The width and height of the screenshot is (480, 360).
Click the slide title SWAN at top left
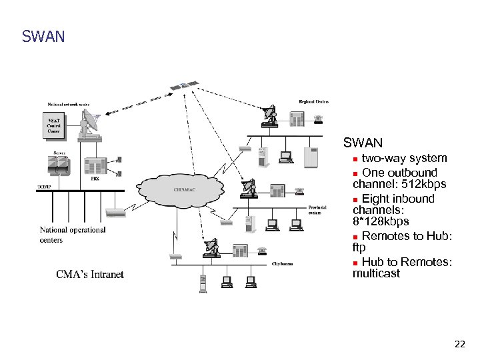43,36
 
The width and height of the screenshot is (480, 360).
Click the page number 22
459,345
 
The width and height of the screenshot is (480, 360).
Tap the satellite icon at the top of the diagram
183,87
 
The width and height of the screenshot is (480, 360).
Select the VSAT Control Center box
53,125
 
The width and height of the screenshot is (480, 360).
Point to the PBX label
95,179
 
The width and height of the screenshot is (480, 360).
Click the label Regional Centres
314,101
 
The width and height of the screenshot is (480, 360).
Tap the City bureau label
282,264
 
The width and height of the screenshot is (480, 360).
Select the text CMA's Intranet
90,274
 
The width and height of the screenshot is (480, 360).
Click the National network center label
68,104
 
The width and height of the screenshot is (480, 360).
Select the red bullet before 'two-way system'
357,159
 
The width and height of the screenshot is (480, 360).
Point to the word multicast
376,273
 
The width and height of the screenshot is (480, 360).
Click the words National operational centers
72,235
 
